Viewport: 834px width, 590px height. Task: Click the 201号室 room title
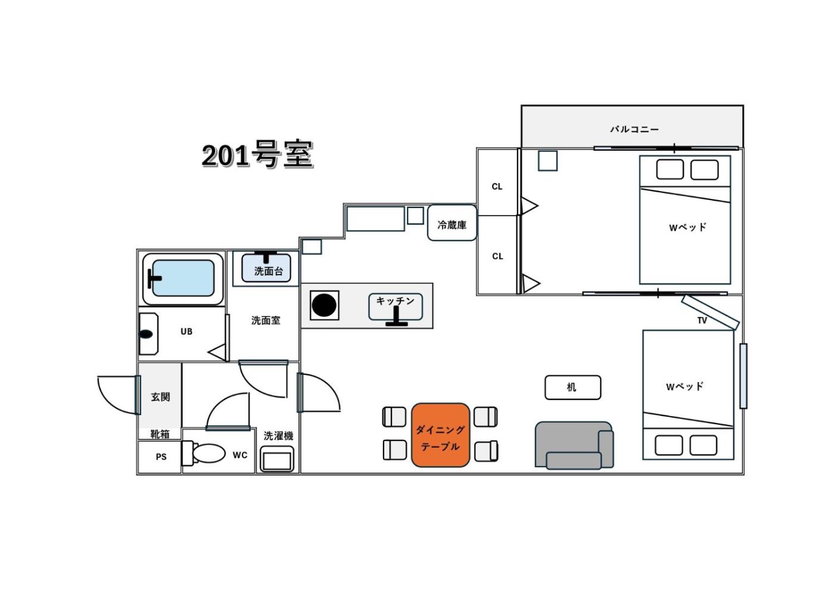(x=257, y=154)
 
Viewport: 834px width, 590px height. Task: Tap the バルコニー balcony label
(x=634, y=129)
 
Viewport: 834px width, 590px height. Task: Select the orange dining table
(x=440, y=435)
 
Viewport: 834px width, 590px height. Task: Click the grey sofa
(x=574, y=445)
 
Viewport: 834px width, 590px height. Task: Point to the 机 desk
(x=572, y=387)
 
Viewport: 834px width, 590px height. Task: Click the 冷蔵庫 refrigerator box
(x=452, y=223)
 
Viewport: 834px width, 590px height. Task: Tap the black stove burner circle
(x=324, y=305)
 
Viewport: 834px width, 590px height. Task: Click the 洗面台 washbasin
(x=266, y=268)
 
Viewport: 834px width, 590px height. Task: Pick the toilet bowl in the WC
(x=208, y=454)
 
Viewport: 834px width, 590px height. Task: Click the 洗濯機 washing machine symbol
(x=276, y=459)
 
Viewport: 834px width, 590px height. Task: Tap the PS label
(x=161, y=457)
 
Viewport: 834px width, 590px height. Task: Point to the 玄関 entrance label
(x=160, y=397)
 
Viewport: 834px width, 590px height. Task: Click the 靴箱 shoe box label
(x=160, y=434)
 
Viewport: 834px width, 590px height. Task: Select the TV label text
(x=702, y=321)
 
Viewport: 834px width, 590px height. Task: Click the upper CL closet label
(x=497, y=187)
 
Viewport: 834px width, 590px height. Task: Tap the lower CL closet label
(x=497, y=256)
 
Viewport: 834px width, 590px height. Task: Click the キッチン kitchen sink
(x=396, y=306)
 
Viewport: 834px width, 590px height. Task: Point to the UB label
(x=186, y=331)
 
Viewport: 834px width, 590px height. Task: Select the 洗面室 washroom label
(x=266, y=321)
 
